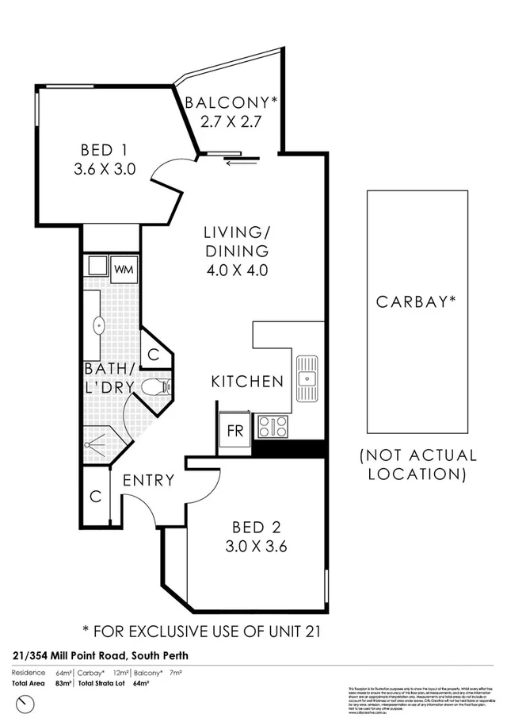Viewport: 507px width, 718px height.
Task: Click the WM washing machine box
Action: tap(123, 269)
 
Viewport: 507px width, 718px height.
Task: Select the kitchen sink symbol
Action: tap(306, 378)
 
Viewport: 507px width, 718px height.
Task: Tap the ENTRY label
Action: tap(148, 481)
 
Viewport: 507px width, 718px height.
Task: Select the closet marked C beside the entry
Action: tap(95, 497)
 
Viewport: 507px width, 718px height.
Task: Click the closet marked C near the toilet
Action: tap(154, 353)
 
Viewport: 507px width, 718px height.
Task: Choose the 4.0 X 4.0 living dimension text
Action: tap(236, 270)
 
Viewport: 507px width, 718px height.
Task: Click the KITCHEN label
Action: tap(246, 382)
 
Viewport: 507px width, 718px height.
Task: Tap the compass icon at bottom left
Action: tap(28, 701)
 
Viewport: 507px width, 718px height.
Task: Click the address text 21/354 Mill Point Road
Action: tap(99, 655)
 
